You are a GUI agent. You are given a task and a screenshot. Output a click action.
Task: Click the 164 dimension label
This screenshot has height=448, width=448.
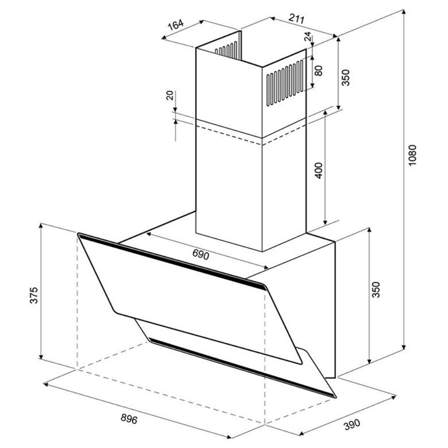point(176,24)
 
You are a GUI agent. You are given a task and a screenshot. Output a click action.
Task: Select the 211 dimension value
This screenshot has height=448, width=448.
point(296,18)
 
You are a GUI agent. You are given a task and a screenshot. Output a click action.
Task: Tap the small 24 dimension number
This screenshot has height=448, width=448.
point(307,37)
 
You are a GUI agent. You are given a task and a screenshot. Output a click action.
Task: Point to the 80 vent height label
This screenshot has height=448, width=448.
point(318,71)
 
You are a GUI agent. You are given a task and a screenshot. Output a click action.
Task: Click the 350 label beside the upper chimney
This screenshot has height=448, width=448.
point(346,78)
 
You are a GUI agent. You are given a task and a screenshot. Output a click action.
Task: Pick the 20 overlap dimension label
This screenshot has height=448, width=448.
point(170,95)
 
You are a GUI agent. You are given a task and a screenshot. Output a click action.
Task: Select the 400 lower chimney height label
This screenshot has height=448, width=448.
point(319,170)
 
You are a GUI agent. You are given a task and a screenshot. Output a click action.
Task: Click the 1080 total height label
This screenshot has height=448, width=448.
point(412,156)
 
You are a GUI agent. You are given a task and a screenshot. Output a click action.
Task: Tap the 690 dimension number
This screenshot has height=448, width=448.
point(201,254)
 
